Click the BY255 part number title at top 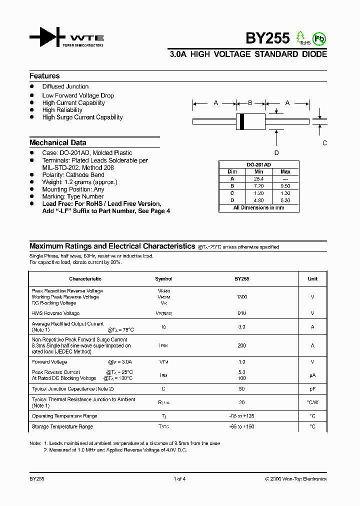pos(267,38)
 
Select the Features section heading pos(44,76)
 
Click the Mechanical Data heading pos(57,142)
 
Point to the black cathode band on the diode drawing pos(242,121)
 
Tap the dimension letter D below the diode pos(276,153)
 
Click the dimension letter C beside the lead pos(324,143)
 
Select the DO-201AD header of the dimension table pos(258,164)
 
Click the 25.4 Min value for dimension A pos(258,178)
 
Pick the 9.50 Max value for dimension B pos(285,185)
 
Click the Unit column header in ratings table pos(312,279)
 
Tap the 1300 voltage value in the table pos(241,297)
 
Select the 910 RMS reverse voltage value pos(241,313)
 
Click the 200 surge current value pos(241,345)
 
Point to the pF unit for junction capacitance pos(312,388)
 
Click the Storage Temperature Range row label pos(62,426)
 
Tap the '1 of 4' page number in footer pos(179,478)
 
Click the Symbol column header pos(163,279)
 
